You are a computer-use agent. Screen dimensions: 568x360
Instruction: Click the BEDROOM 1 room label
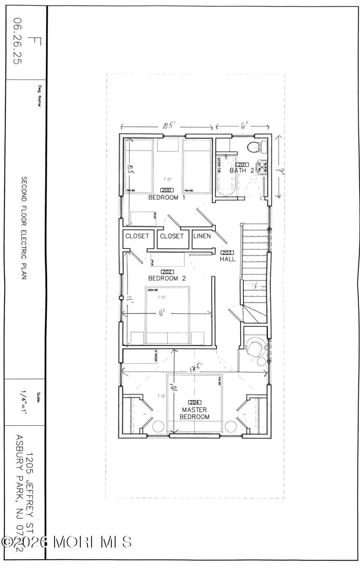[x=167, y=197]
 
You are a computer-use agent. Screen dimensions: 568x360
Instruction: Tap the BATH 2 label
[x=242, y=171]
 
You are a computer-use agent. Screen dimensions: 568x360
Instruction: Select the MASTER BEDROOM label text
[x=195, y=413]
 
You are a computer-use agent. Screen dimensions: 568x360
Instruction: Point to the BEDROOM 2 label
[x=167, y=278]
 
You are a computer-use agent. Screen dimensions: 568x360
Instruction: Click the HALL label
[x=227, y=259]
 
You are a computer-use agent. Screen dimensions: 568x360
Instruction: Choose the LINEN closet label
[x=202, y=236]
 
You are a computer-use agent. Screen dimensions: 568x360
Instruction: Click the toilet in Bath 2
[x=255, y=147]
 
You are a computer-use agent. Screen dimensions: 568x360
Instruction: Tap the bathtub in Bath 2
[x=226, y=175]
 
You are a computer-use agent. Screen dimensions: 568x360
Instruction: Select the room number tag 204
[x=195, y=402]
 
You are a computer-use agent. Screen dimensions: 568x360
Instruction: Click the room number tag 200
[x=167, y=190]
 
